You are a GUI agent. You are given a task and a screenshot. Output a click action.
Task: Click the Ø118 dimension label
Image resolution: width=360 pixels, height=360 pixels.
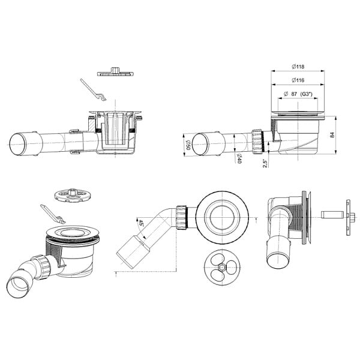click(298, 67)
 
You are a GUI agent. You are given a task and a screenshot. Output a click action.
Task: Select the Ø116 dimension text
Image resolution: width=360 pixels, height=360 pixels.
click(298, 80)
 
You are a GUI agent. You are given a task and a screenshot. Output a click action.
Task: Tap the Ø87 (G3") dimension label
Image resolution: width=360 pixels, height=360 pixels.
click(298, 94)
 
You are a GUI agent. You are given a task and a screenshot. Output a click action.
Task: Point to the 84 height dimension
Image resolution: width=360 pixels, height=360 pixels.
click(332, 135)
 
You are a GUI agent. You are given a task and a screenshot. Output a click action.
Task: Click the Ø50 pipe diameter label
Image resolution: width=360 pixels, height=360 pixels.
click(188, 145)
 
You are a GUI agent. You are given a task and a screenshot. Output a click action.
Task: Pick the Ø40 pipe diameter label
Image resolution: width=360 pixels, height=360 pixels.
click(239, 158)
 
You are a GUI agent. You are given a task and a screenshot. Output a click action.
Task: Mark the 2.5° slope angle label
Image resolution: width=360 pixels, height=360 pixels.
click(265, 163)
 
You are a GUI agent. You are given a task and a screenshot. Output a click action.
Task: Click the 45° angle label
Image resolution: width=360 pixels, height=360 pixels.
click(140, 223)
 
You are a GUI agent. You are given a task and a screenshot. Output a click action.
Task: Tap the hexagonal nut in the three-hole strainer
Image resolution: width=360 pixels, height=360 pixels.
click(221, 268)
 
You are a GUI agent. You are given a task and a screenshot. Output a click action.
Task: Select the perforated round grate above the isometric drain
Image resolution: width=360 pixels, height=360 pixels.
click(73, 196)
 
